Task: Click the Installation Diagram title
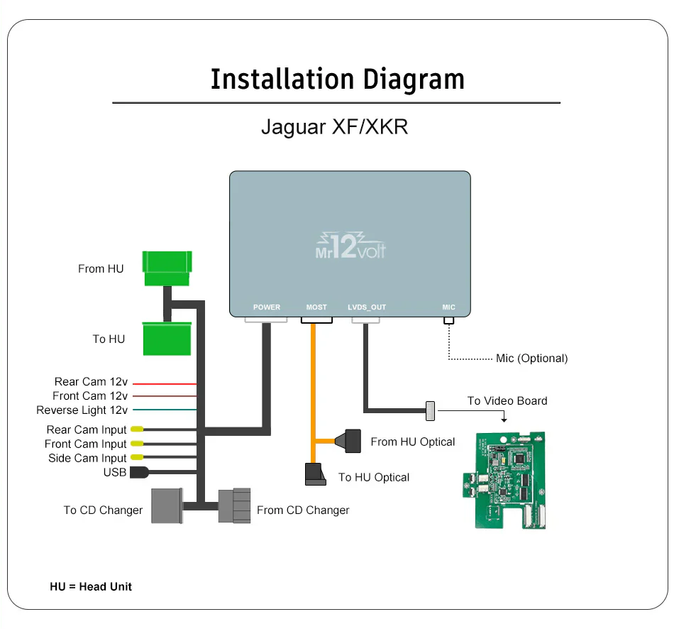coord(337,79)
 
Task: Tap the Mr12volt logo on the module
coord(350,245)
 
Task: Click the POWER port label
coord(267,307)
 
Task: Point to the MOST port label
coord(316,307)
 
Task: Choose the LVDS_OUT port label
coord(367,307)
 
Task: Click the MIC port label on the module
coord(448,307)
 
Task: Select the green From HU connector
coord(167,268)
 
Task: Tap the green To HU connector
coord(167,339)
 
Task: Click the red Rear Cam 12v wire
coord(165,383)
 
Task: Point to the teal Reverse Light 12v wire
coord(165,410)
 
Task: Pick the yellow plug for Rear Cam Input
coord(136,430)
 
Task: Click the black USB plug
coord(138,472)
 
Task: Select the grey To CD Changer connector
coord(167,505)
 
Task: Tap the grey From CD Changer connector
coord(235,505)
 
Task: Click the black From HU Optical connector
coord(353,440)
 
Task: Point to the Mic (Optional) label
coord(531,359)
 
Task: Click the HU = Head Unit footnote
coord(91,586)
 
